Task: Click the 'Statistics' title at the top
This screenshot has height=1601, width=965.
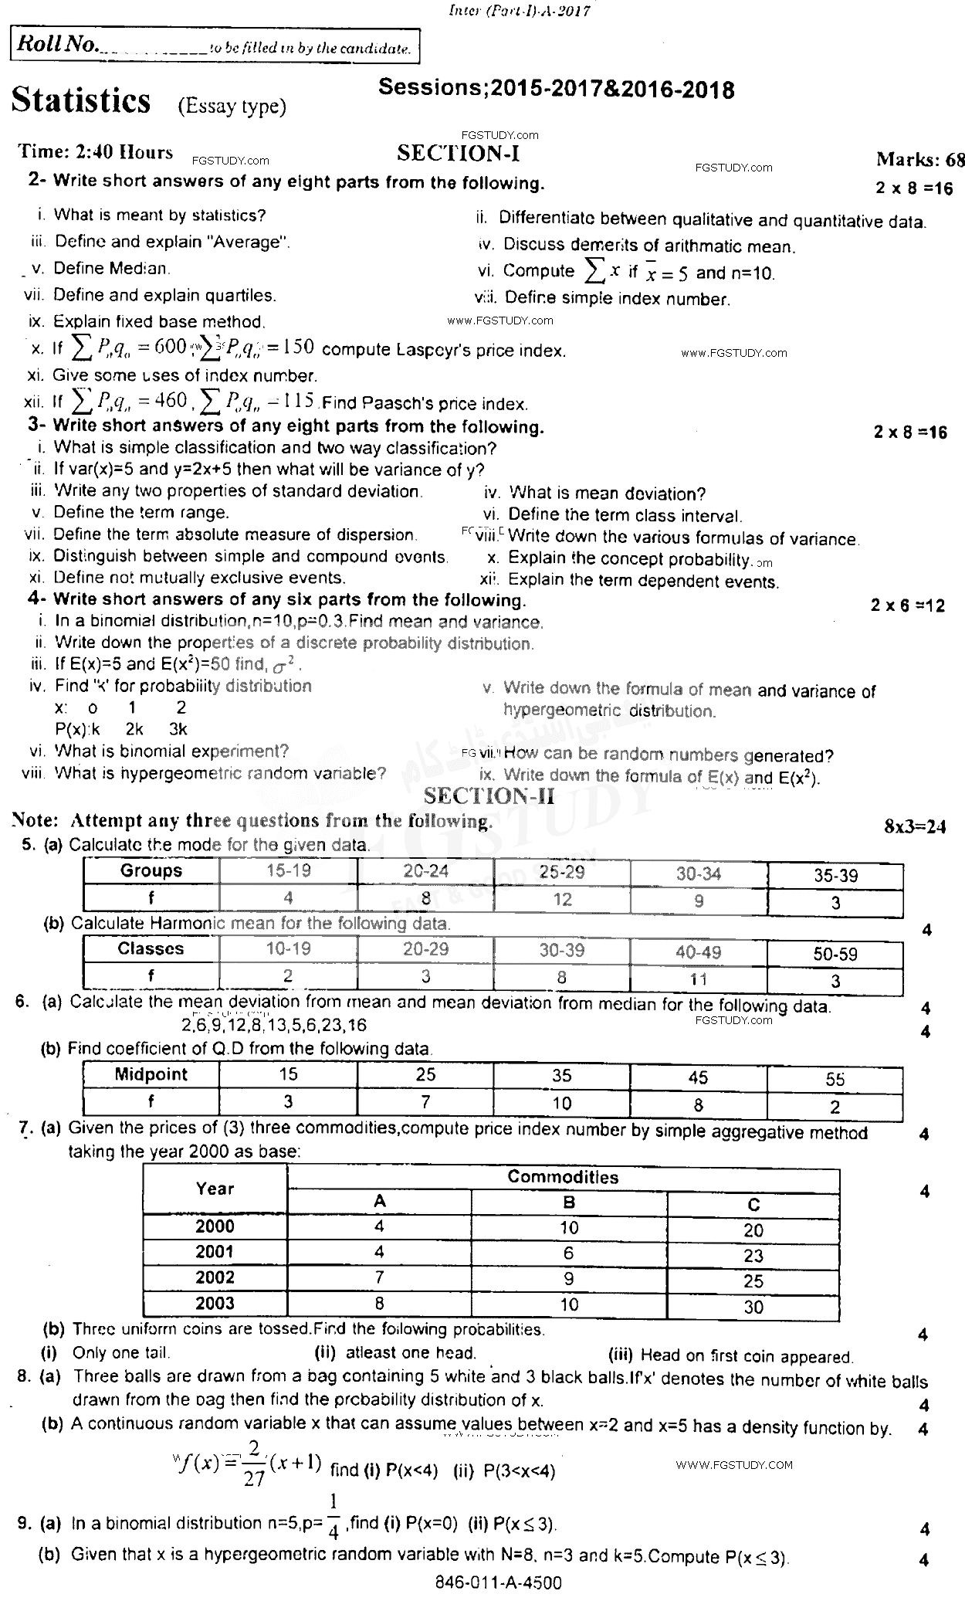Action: (81, 100)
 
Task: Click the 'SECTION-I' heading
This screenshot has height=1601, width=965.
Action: (458, 154)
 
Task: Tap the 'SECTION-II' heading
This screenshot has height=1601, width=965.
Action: (489, 796)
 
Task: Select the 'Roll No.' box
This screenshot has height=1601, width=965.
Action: (215, 46)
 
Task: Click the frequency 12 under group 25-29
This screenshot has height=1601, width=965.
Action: (562, 899)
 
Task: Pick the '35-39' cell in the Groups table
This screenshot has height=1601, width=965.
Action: (835, 876)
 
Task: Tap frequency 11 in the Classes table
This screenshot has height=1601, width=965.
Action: (698, 979)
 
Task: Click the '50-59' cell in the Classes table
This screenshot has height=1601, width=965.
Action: (835, 955)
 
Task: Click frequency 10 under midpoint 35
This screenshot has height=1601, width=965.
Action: (562, 1103)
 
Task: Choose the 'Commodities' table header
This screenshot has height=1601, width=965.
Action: (563, 1177)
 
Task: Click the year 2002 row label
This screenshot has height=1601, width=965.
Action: (215, 1277)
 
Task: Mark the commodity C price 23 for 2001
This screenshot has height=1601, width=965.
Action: (753, 1255)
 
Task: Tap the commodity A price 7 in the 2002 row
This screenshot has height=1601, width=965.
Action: (379, 1277)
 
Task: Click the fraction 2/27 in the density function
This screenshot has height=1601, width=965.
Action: (254, 1461)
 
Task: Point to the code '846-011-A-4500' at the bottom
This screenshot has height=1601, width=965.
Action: (499, 1582)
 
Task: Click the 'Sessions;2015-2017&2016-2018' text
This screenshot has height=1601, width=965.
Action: (556, 90)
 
